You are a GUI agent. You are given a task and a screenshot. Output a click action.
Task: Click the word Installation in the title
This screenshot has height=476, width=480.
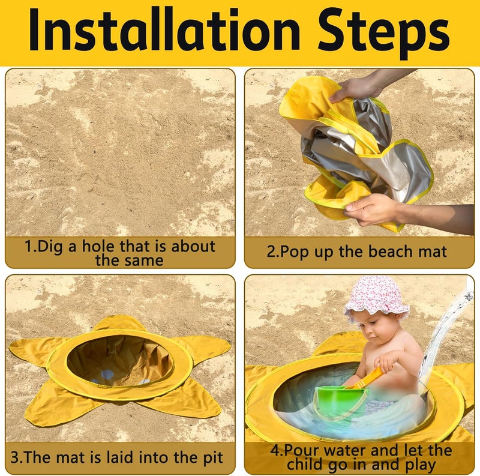164,31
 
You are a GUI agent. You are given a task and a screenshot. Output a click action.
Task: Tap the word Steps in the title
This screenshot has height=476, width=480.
383,34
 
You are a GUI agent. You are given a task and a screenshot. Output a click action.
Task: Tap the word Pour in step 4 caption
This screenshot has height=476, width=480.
302,450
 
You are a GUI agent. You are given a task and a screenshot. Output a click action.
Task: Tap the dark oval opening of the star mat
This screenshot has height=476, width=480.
120,360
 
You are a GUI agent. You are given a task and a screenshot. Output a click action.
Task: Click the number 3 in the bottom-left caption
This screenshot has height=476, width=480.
14,457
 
